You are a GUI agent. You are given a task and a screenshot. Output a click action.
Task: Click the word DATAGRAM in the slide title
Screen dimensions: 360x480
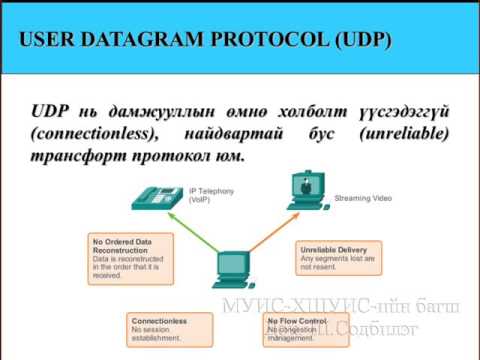pyautogui.click(x=133, y=41)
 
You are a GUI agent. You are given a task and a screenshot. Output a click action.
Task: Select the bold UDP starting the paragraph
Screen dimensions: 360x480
pyautogui.click(x=51, y=110)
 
